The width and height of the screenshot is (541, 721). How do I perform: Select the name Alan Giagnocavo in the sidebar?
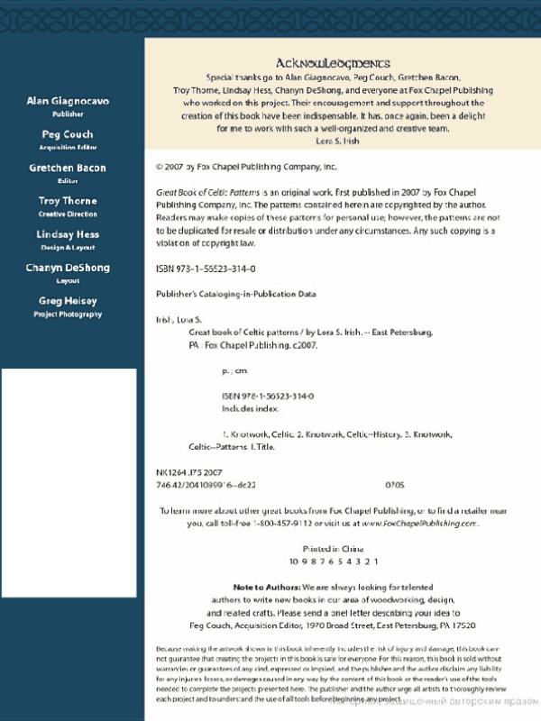[69, 101]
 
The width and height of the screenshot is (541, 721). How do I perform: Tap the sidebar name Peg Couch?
[69, 134]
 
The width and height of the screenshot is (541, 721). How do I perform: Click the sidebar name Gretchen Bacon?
[69, 168]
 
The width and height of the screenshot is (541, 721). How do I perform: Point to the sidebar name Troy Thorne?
[69, 201]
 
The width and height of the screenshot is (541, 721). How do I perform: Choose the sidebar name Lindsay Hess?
[69, 234]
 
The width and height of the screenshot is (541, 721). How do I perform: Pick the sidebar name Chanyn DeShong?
[69, 268]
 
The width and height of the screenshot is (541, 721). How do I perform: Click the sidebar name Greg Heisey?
[69, 301]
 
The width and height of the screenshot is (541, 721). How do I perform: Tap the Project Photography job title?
[69, 315]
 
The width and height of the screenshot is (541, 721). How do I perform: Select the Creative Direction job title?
[69, 214]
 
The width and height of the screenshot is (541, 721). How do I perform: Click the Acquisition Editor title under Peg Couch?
[69, 148]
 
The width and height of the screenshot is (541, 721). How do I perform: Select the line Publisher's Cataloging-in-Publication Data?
[236, 294]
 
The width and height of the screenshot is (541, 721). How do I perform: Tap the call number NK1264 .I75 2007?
[189, 472]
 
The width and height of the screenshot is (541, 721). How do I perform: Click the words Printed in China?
[333, 548]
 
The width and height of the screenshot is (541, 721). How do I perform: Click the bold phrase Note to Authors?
[261, 586]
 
